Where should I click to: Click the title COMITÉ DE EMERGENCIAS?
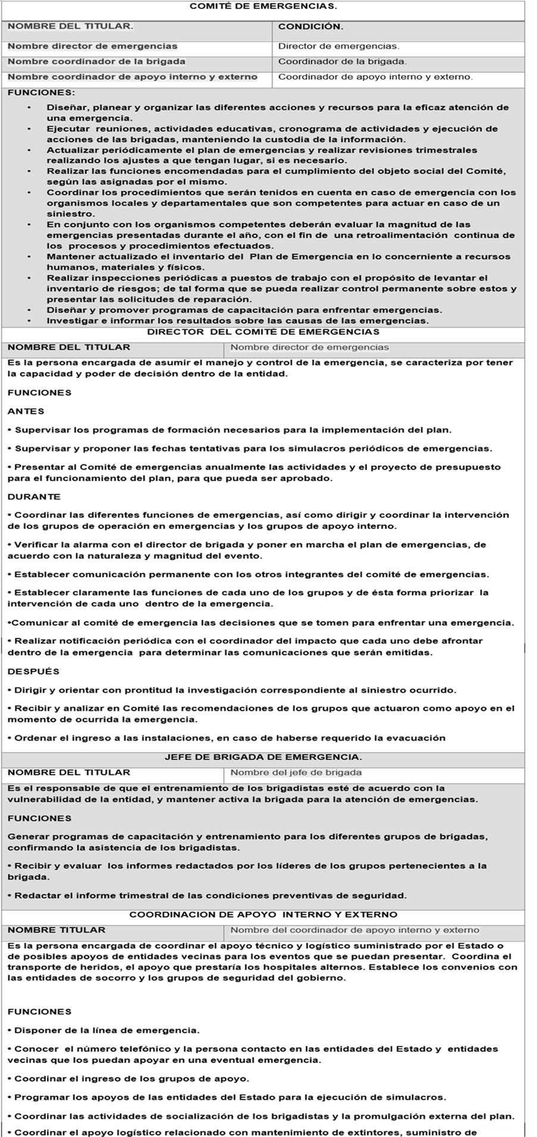(x=263, y=7)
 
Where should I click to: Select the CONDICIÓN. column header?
(x=311, y=27)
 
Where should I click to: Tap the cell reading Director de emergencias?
(x=339, y=46)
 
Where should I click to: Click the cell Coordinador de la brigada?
(x=342, y=61)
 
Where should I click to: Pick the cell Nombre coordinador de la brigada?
(x=96, y=61)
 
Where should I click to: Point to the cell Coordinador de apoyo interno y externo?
(x=375, y=77)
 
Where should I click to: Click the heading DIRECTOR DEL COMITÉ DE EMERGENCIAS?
(x=263, y=332)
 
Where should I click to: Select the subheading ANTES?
(x=26, y=411)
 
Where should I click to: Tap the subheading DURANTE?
(x=34, y=496)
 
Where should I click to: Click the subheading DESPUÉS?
(x=33, y=672)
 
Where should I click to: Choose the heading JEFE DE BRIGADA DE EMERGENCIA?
(x=263, y=757)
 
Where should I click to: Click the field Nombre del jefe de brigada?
(x=296, y=773)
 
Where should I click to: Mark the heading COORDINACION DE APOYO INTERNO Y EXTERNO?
(x=263, y=915)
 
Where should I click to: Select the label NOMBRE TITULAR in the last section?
(x=57, y=930)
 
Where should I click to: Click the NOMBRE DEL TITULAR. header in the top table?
(x=70, y=27)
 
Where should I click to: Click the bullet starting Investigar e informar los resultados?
(x=237, y=321)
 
